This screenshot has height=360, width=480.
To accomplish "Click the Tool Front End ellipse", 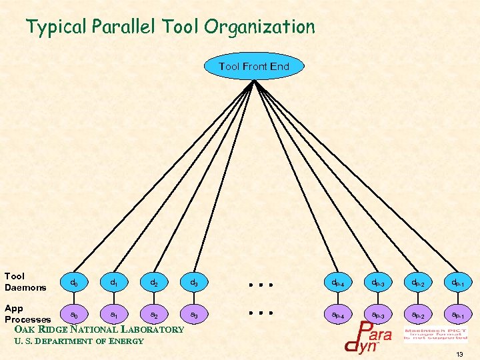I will click(254, 66).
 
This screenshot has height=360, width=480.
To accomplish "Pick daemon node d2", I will click(154, 283).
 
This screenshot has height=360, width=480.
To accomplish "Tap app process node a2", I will click(154, 313).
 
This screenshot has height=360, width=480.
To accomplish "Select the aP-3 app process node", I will click(377, 313).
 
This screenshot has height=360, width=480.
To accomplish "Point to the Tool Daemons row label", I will click(25, 281).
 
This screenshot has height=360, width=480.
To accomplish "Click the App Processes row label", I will click(27, 314).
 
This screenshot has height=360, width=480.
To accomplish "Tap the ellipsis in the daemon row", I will click(261, 284).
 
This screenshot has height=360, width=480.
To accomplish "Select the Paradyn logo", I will click(368, 337).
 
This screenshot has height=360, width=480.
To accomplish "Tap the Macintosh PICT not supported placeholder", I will click(435, 334).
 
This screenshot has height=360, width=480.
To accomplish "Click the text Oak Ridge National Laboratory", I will click(99, 329).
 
